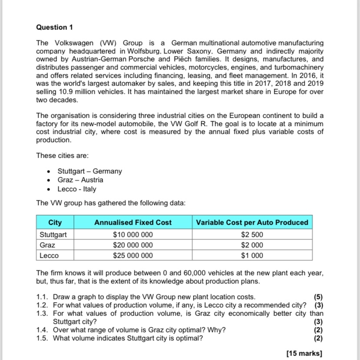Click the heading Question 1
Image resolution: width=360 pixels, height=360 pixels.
pos(54,27)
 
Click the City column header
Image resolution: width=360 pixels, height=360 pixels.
pos(55,223)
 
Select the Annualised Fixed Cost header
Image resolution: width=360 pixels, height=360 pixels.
pos(133,223)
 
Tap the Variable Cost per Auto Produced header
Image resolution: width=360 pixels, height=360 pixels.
pos(252,223)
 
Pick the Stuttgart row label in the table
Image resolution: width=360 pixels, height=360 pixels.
pos(53,234)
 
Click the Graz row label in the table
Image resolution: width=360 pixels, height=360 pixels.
pos(47,245)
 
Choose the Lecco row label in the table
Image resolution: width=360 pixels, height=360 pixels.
pos(49,256)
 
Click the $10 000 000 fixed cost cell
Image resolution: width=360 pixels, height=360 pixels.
pos(133,234)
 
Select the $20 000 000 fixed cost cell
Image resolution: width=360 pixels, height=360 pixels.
pos(133,245)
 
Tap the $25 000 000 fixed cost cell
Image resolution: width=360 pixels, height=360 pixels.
pos(133,256)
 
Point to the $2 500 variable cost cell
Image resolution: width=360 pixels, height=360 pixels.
pos(252,234)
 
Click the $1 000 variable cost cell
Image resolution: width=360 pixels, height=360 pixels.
pos(252,256)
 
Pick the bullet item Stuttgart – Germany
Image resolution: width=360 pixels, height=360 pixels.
pos(90,171)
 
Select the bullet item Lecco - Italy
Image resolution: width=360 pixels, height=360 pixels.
pos(77,189)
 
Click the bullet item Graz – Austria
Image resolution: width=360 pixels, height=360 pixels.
pos(80,180)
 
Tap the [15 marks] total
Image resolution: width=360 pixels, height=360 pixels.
pos(304,353)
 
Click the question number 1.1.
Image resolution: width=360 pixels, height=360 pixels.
pos(42,297)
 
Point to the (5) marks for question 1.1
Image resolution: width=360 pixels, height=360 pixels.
pos(318,297)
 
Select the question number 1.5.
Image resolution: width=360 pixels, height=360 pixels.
pos(42,338)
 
